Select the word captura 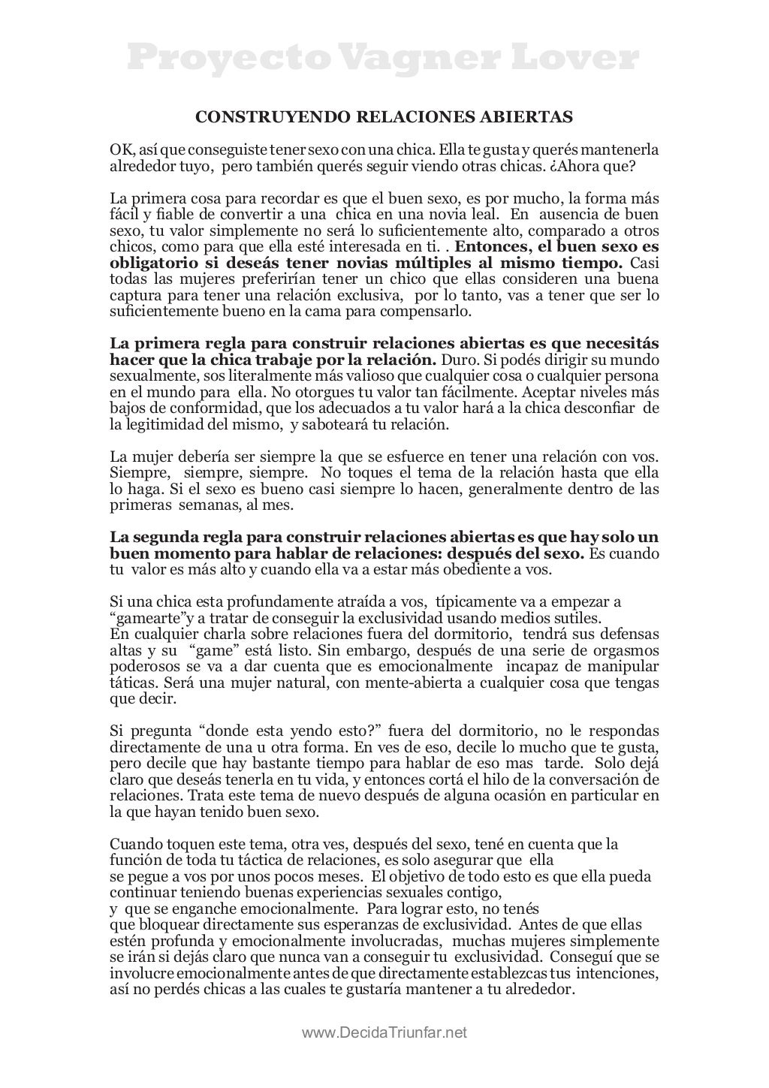coord(132,295)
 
